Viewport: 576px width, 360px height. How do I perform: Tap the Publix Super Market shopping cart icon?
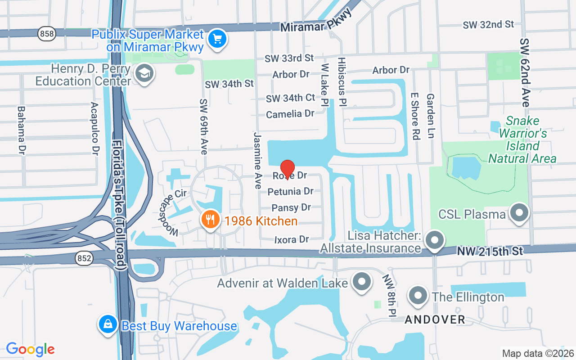click(x=218, y=39)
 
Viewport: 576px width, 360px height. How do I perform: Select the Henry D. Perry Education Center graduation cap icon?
click(x=144, y=73)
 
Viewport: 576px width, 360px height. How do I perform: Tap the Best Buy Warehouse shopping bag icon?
click(x=108, y=324)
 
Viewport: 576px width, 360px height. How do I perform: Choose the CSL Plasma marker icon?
click(x=520, y=212)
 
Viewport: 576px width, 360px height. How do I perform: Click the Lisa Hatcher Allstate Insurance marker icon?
click(x=434, y=239)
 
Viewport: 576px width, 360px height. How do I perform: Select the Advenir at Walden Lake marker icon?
click(x=361, y=282)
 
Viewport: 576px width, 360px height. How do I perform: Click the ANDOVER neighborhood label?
click(x=435, y=319)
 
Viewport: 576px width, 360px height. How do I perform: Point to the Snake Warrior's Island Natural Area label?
click(x=522, y=139)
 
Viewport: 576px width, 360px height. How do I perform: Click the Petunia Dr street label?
click(x=290, y=192)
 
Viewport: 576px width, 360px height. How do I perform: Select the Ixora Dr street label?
click(x=292, y=240)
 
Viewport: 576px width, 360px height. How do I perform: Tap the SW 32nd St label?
click(x=488, y=25)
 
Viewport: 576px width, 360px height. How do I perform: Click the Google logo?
click(x=30, y=349)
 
